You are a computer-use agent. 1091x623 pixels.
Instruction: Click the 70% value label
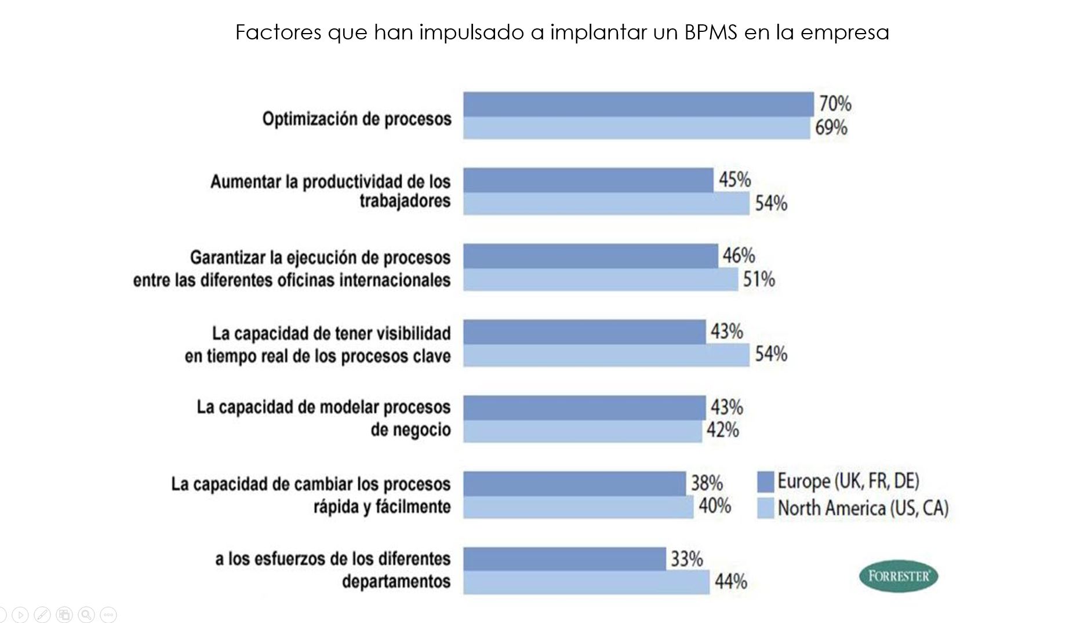[x=835, y=104]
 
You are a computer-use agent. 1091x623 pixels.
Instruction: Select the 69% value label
[x=831, y=127]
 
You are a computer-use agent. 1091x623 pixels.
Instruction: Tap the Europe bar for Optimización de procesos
[x=638, y=104]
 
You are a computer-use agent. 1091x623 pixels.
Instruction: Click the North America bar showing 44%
[x=585, y=582]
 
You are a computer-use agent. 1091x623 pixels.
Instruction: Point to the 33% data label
[x=686, y=559]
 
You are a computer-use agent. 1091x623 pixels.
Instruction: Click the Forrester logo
[x=898, y=576]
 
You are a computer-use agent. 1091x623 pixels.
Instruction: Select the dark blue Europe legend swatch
[x=765, y=482]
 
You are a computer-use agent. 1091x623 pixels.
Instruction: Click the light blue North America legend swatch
[x=765, y=508]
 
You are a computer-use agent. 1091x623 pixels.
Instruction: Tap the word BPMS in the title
[x=711, y=32]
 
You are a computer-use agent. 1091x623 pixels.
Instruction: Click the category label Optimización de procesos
[x=357, y=119]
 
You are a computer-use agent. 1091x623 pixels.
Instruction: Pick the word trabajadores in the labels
[x=405, y=201]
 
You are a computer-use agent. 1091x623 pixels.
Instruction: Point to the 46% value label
[x=739, y=256]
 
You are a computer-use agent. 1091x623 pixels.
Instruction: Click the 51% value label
[x=759, y=279]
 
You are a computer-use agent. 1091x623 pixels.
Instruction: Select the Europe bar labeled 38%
[x=574, y=483]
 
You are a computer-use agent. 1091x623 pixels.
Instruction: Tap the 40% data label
[x=714, y=506]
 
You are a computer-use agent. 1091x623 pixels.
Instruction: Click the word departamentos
[x=396, y=581]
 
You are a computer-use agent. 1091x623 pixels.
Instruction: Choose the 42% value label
[x=722, y=430]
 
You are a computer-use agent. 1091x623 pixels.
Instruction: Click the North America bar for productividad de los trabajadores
[x=606, y=204]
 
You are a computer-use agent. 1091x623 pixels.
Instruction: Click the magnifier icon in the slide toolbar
[x=86, y=614]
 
